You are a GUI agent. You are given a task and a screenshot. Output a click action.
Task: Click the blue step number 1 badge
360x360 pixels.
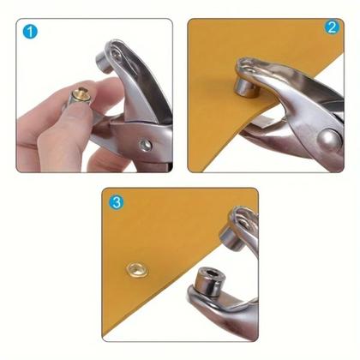point(32,33)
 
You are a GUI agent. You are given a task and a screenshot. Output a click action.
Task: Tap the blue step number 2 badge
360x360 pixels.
point(331,27)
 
